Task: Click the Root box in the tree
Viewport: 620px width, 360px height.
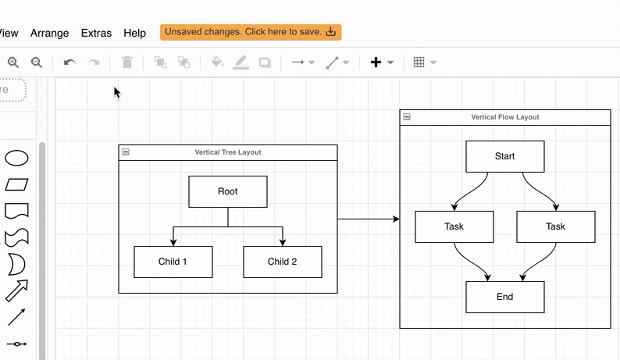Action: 227,191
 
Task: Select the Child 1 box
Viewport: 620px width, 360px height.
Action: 173,262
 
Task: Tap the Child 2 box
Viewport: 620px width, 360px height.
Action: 282,262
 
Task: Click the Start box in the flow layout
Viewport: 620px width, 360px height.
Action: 504,156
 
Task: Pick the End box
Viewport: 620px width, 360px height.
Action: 504,297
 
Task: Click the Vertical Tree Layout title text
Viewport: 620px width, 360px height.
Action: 228,152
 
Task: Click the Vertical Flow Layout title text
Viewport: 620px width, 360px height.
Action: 504,117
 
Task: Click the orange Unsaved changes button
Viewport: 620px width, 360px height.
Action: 251,32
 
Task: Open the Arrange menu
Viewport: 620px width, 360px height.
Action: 49,33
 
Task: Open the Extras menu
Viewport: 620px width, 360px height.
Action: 96,33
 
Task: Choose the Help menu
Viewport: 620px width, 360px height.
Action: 134,33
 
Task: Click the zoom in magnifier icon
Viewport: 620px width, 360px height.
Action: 13,62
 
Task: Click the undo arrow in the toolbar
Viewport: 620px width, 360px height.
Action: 69,62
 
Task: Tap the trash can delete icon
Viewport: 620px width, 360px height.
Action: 127,62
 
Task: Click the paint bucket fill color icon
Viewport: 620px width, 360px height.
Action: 217,62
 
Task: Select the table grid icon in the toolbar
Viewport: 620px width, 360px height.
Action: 419,62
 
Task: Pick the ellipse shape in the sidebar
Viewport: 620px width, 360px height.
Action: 17,159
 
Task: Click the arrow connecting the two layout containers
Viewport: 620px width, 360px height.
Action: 368,219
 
